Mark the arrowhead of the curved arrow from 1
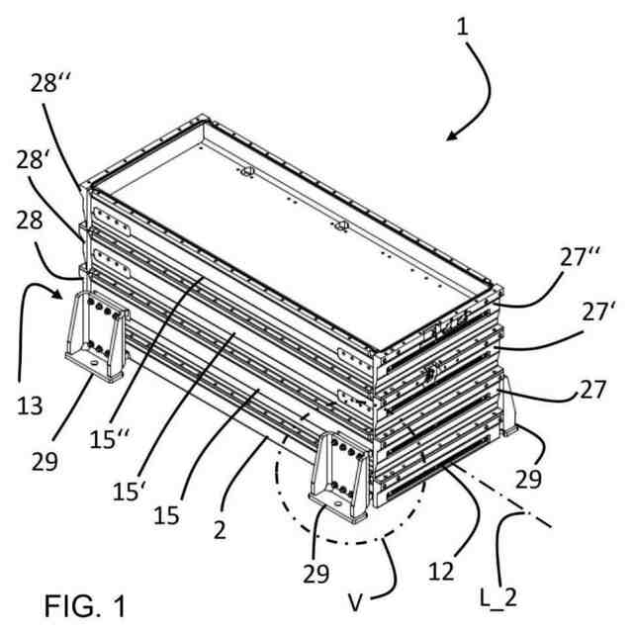tap(450, 137)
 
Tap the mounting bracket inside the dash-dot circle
tap(338, 488)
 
